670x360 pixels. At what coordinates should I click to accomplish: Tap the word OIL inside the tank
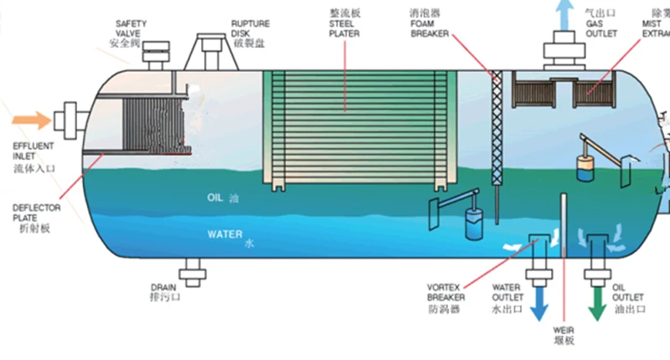tap(214, 198)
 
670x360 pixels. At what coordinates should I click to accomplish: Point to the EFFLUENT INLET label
tap(33, 150)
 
